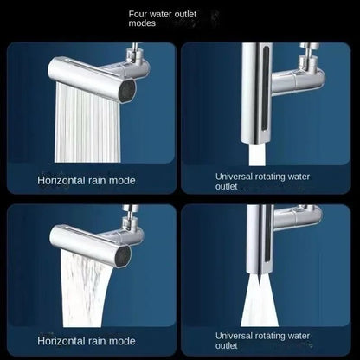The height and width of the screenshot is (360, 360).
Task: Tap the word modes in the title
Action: tap(143, 24)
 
